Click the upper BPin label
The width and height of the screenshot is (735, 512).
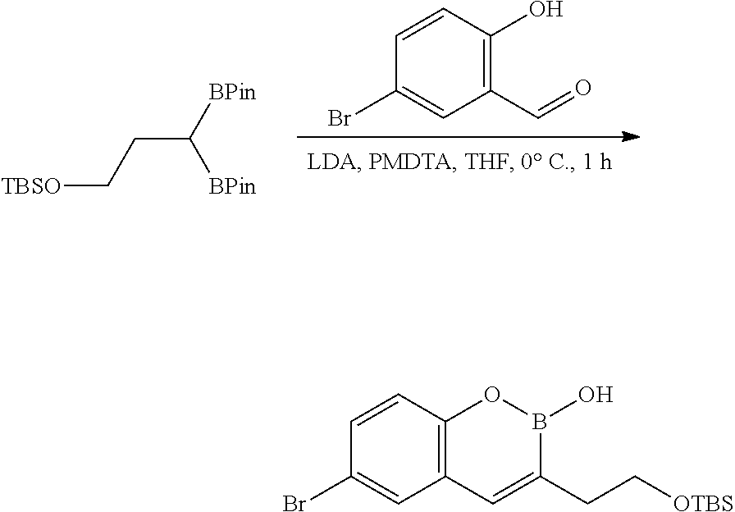[231, 93]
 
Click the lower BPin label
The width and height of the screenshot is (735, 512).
[231, 187]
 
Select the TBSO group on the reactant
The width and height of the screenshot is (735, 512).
[31, 187]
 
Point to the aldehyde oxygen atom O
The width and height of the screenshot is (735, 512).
[583, 89]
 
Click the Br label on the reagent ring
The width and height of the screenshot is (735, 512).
[340, 120]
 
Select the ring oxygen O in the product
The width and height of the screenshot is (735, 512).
[491, 396]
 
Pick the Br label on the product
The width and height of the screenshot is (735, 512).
[294, 503]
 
